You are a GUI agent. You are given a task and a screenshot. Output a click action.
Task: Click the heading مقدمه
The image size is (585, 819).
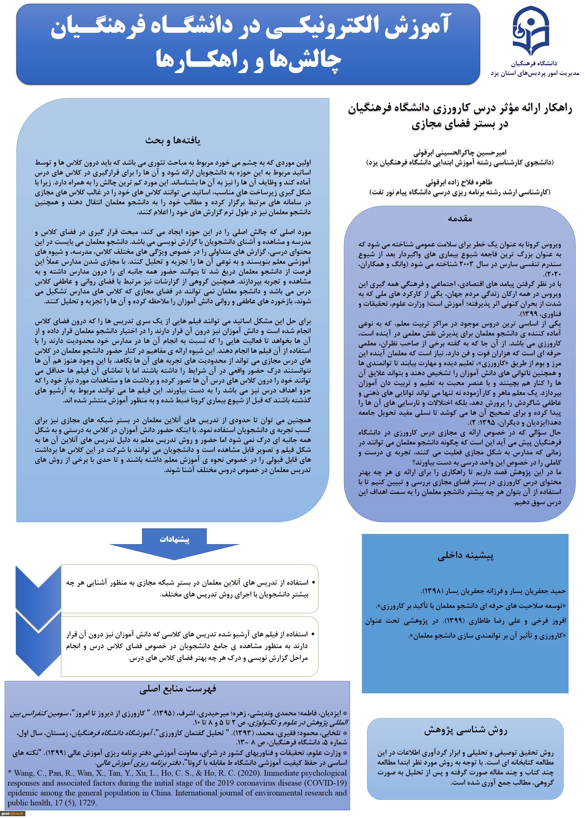460,219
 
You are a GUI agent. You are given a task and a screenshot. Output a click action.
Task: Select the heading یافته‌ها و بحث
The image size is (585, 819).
173,141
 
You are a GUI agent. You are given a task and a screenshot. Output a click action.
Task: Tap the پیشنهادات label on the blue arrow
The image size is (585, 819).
174,539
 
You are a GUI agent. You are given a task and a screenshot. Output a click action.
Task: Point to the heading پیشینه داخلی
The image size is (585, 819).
466,556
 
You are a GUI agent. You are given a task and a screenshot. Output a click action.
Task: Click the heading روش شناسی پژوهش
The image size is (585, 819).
466,730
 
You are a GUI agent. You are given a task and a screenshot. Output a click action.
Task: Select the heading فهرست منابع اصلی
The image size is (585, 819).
178,689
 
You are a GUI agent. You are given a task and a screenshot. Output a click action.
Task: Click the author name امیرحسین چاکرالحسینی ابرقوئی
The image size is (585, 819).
460,153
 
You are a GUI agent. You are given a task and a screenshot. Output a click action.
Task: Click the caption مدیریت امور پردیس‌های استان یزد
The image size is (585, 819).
535,73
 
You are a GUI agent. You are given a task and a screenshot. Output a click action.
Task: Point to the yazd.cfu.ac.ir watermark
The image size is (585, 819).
13,813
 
